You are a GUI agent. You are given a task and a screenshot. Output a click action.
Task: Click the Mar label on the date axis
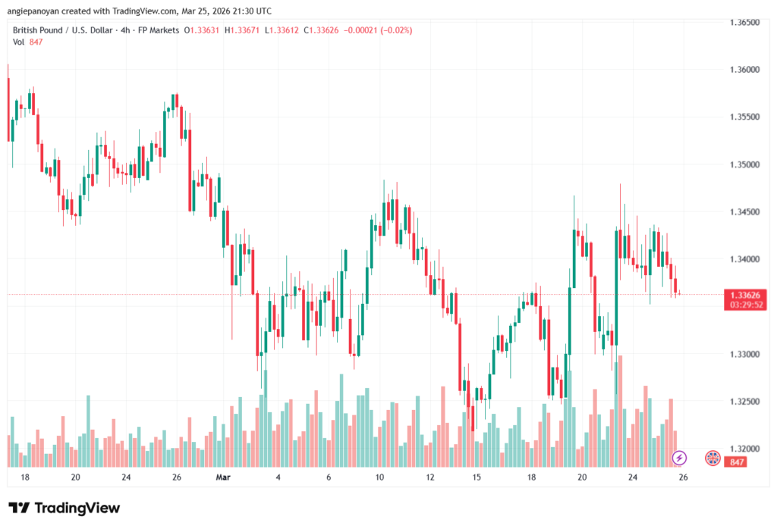coord(222,477)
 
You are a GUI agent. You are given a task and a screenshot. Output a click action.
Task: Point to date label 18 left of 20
coord(25,477)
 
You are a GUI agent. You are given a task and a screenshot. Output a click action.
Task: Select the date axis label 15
coord(477,477)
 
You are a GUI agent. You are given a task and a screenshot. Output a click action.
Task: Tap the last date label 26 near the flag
coord(683,477)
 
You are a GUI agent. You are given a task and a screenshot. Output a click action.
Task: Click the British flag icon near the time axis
coord(713,458)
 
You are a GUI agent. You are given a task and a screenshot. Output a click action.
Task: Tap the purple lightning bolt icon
coord(680,458)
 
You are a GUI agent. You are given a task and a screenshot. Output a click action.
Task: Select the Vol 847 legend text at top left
coord(27,42)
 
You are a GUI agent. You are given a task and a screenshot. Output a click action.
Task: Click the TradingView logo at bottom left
coord(64,508)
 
